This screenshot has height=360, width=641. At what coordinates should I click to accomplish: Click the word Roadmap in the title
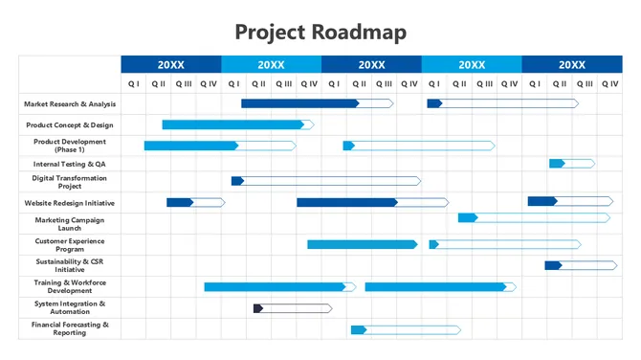tap(359, 32)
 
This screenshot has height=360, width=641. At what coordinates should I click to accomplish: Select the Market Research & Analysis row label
tap(70, 103)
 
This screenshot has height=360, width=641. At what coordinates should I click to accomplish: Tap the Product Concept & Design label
tap(70, 124)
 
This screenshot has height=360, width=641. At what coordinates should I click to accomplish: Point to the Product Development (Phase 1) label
tap(70, 146)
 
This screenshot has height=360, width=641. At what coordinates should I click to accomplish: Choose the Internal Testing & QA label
tap(70, 164)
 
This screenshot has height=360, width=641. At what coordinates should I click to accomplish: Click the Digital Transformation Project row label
tap(70, 182)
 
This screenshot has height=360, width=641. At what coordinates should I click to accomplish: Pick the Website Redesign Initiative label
tap(70, 203)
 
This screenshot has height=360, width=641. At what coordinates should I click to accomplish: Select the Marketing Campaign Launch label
tap(70, 224)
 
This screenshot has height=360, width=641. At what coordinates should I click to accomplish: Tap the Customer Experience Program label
tap(70, 245)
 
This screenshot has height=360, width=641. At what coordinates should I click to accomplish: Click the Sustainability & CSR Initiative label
tap(70, 265)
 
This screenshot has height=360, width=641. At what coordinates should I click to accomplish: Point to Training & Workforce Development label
tap(70, 286)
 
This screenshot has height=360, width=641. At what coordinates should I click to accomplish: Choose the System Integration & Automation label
tap(70, 307)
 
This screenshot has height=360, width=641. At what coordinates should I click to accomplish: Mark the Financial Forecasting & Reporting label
tap(70, 328)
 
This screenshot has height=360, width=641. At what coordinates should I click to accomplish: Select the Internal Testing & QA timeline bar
tap(571, 164)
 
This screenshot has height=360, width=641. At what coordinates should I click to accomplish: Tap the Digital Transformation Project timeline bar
tap(325, 181)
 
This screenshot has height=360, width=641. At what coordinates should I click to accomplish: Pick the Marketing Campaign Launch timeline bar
tap(533, 218)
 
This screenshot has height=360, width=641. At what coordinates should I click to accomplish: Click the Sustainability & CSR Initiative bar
tap(581, 265)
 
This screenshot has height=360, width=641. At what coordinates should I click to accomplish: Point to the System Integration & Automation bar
tap(292, 308)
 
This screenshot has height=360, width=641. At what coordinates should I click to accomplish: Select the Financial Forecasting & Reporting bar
tap(405, 330)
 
